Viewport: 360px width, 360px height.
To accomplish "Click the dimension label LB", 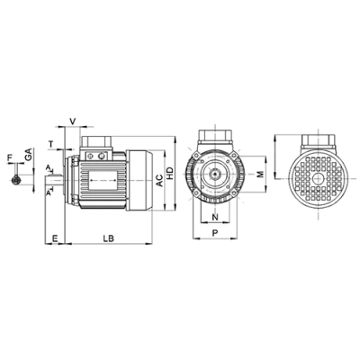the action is [x=109, y=238].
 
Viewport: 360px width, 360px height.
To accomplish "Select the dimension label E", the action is [x=55, y=238].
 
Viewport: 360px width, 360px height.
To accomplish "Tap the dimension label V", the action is [x=72, y=121].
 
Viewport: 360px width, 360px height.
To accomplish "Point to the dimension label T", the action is [x=51, y=145].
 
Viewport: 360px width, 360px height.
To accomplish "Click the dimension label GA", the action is [x=29, y=155].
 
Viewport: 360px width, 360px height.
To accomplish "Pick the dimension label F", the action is [x=10, y=157].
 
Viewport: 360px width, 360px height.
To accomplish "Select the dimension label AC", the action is [x=160, y=180].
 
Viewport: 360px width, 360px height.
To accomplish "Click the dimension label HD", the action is [x=170, y=174].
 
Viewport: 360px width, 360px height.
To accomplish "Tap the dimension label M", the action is [x=260, y=174].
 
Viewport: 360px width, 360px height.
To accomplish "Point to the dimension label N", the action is [x=215, y=217].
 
